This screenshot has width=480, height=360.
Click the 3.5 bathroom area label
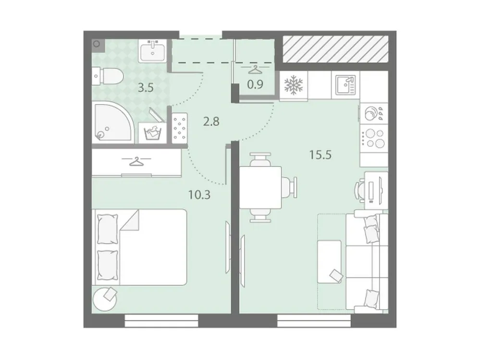(146, 88)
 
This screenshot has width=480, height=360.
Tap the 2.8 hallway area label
(211, 121)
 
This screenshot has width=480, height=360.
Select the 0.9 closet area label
(255, 84)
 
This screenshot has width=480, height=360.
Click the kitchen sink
(345, 85)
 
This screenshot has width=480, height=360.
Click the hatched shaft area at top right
(335, 49)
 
